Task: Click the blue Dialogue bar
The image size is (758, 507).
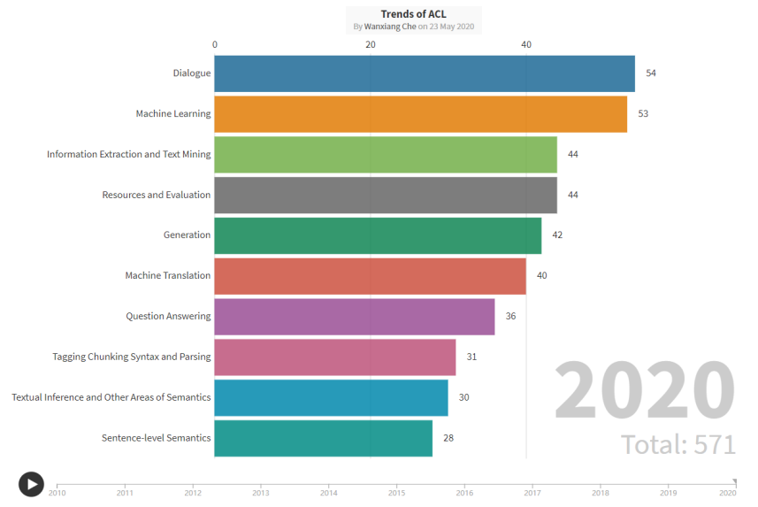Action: pos(425,73)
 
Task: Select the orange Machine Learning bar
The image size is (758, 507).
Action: pos(420,114)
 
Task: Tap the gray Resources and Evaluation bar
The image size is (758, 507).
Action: pos(386,195)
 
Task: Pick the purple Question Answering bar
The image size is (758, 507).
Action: pos(354,317)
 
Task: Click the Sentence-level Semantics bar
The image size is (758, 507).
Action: pos(323,438)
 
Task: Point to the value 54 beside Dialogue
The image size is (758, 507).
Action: pos(651,73)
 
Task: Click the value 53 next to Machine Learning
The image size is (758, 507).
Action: pos(643,114)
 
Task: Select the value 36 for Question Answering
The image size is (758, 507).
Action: pos(510,317)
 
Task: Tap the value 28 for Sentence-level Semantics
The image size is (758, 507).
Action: pos(448,438)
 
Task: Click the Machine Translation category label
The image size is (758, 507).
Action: pos(168,276)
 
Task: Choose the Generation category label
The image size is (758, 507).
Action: pos(187,235)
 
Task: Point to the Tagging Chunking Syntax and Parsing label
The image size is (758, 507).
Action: pos(132,357)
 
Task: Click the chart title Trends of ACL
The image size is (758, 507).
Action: pos(414,14)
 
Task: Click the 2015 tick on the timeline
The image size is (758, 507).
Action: pos(396,493)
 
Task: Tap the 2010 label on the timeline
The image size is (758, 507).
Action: pos(57,493)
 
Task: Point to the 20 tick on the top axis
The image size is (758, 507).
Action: pos(371,45)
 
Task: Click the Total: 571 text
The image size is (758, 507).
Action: pos(678,444)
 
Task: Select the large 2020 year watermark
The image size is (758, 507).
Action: pos(645,390)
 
